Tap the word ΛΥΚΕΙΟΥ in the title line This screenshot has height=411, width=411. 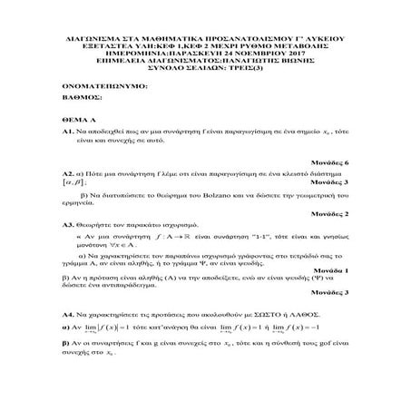click(x=324, y=41)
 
